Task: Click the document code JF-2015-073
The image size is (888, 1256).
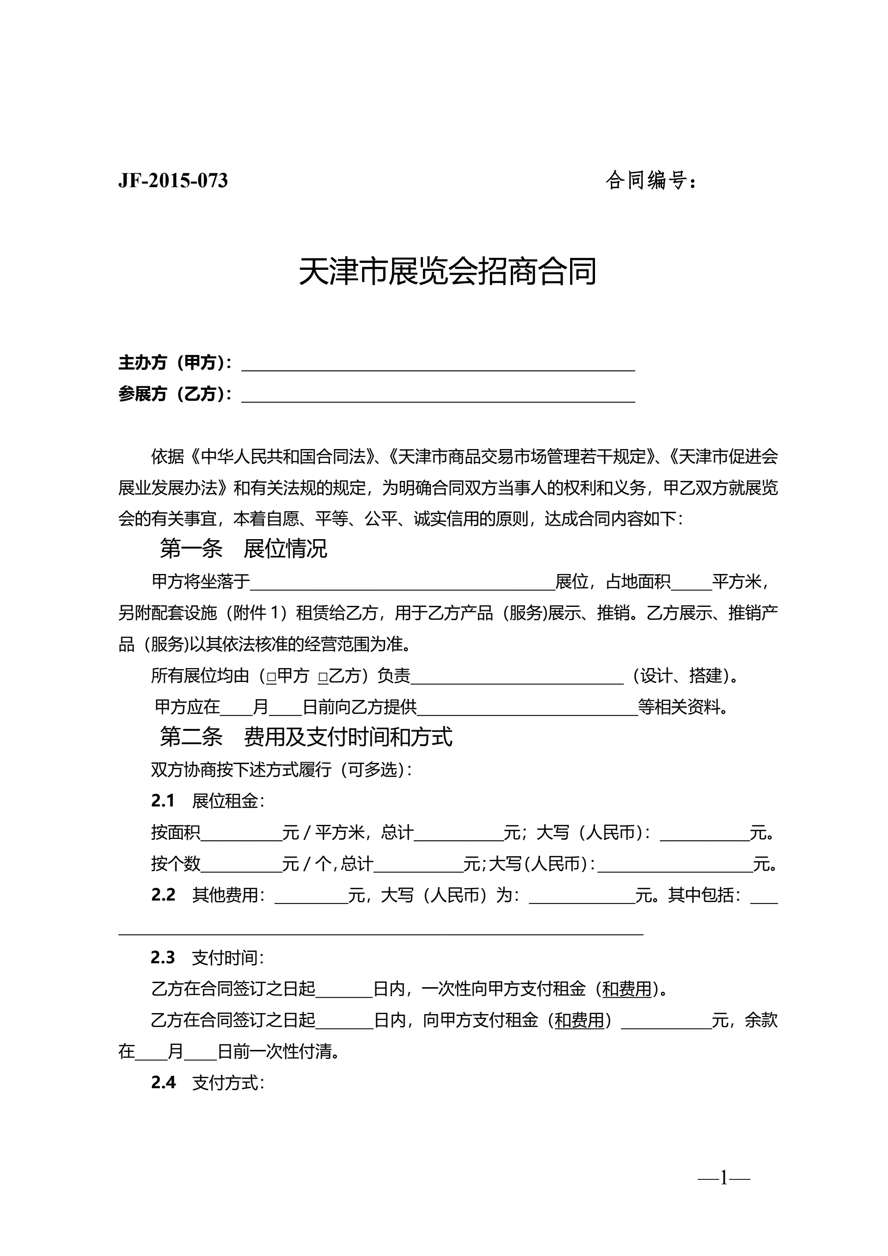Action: pos(173,181)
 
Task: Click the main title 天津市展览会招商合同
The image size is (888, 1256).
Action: pos(447,271)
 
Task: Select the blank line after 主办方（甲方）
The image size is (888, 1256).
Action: pos(438,364)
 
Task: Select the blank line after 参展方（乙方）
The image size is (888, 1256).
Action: pos(438,395)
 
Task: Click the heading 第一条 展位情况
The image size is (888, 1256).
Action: pos(243,549)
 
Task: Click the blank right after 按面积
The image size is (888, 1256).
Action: pos(241,834)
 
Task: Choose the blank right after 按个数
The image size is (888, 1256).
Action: pos(241,865)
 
